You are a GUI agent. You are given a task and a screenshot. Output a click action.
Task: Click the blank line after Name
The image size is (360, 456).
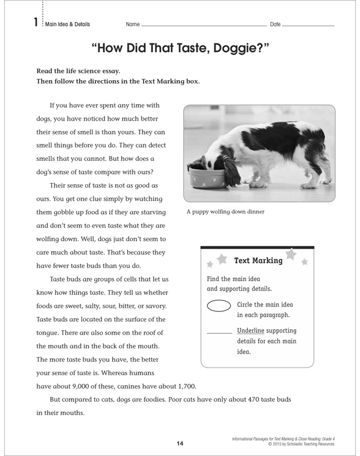click(x=202, y=26)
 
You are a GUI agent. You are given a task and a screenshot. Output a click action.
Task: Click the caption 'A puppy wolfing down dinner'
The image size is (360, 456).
click(x=225, y=212)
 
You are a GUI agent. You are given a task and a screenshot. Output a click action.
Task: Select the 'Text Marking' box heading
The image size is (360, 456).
click(x=258, y=261)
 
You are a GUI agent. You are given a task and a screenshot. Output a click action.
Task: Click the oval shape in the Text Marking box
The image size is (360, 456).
click(x=219, y=306)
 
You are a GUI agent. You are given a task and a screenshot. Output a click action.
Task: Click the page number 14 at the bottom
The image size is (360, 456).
click(x=179, y=443)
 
